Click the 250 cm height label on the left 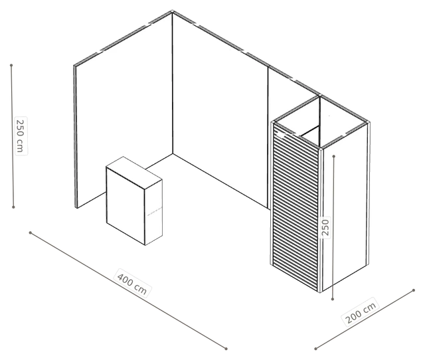(21, 135)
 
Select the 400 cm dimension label (132, 283)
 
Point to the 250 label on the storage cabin (326, 227)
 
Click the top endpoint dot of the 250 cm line (11, 65)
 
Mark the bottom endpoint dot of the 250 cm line (13, 207)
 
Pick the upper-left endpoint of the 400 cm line (31, 232)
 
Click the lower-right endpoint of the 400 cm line (226, 349)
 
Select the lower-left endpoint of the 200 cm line (315, 349)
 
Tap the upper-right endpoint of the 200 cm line (414, 290)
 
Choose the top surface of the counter (134, 171)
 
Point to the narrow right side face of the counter (153, 212)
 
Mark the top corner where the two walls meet (172, 12)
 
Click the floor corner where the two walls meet (173, 153)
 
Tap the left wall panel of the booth (124, 108)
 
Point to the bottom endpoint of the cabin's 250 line (333, 299)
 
